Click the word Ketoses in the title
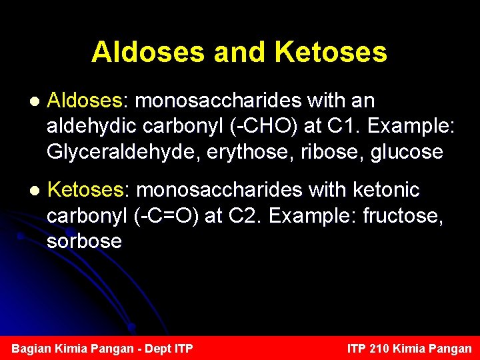tap(331, 52)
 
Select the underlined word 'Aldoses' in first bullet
tap(85, 101)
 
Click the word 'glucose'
tap(407, 153)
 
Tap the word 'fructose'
tap(411, 216)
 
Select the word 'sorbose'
tap(84, 241)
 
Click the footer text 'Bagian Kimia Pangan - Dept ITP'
tap(103, 349)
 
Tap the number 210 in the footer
tap(379, 349)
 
